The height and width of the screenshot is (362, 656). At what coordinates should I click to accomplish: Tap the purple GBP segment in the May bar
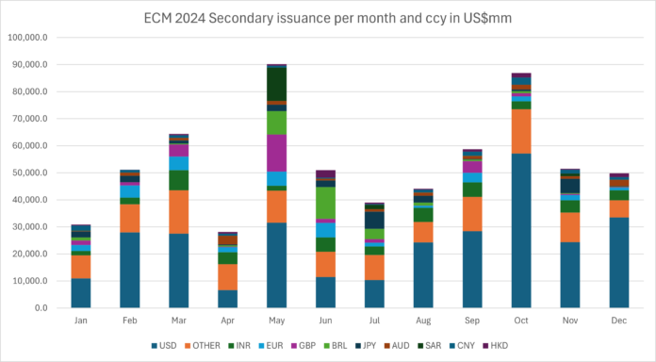[276, 153]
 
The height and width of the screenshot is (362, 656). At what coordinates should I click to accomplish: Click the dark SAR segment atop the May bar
[276, 84]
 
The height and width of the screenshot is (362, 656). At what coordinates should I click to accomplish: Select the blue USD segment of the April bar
[227, 298]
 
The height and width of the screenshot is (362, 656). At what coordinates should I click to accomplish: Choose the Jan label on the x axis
[81, 321]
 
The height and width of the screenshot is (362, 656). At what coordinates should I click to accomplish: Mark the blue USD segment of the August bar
[423, 275]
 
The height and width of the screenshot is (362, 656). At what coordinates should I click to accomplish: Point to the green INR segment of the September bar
[472, 189]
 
